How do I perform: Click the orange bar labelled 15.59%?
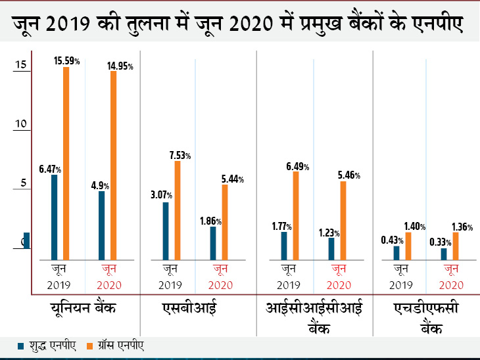[66, 164]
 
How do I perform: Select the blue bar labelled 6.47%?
[54, 217]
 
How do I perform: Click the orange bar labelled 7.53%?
[178, 210]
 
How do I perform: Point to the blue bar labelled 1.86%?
[213, 243]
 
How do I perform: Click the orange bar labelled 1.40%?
[408, 246]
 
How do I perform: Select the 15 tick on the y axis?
[21, 65]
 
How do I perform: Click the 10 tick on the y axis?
[21, 124]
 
